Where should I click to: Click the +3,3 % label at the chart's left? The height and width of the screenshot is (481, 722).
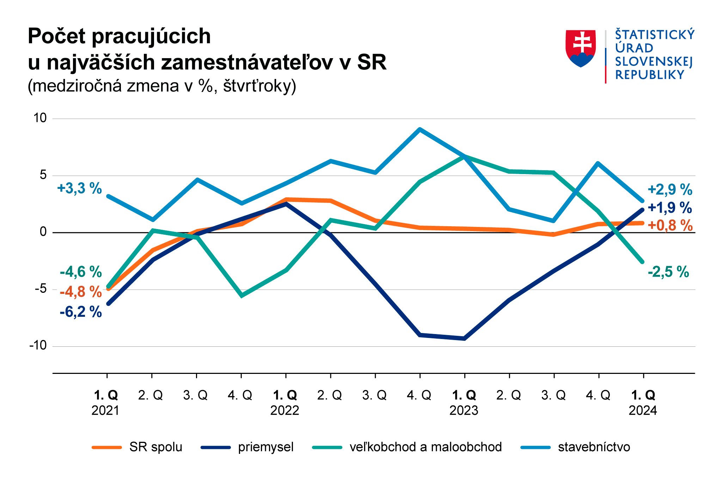(79, 189)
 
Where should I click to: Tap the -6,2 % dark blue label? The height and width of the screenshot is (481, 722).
(81, 312)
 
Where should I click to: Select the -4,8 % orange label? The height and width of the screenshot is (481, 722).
(81, 292)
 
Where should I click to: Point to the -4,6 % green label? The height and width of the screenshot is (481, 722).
(81, 272)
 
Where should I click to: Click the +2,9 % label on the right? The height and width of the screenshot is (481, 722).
(670, 190)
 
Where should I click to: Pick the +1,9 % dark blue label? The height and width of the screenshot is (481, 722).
(670, 208)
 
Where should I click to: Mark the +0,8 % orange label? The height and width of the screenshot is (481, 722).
(670, 225)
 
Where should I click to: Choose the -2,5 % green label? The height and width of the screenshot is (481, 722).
(668, 272)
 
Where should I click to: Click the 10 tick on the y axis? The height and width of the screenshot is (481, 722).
(40, 118)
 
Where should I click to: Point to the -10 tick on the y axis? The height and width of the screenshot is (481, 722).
(38, 346)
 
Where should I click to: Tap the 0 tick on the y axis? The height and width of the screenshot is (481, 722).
(43, 232)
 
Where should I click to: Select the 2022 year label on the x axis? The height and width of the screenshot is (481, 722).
(285, 411)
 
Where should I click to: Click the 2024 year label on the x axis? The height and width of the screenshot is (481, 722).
(643, 411)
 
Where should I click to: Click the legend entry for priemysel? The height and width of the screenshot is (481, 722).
(265, 447)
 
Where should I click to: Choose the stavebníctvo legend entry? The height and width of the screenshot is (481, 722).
(594, 447)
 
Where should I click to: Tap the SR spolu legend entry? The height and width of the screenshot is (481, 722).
(155, 447)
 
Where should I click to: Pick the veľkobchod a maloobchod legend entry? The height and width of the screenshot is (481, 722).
(426, 447)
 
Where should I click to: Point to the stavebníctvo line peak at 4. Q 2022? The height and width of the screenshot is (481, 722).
(420, 129)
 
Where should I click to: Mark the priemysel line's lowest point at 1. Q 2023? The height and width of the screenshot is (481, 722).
(464, 339)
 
